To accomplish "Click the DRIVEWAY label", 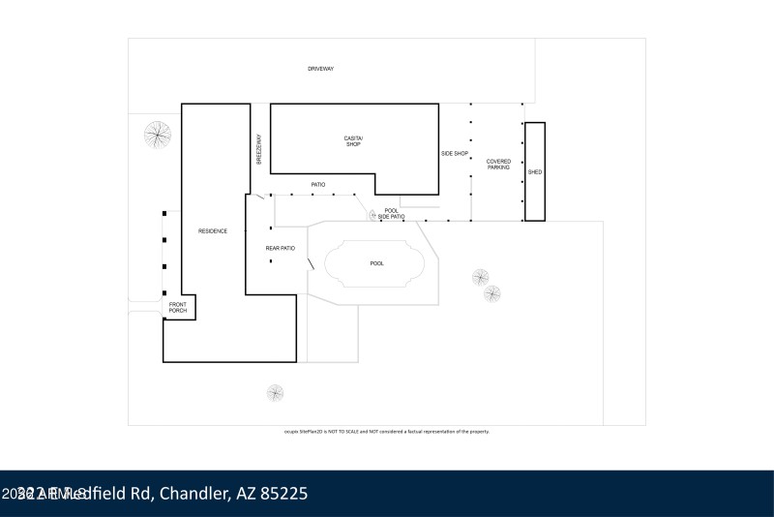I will (320, 70).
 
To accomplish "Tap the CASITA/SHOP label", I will (353, 141).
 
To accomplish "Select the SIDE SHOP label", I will (455, 154).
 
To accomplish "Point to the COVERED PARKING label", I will (498, 165).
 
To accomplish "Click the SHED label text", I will (535, 172).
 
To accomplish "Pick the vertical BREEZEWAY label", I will (259, 149).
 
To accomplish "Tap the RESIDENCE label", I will (213, 230).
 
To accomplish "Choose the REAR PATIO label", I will (280, 249).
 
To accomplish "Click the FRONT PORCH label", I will (178, 309).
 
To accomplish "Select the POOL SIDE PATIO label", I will (391, 214).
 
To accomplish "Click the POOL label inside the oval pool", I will (376, 263).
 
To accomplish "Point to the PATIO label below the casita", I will (317, 185).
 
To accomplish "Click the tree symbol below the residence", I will (276, 393).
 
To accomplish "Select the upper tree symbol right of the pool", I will (481, 278).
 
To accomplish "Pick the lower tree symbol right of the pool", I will (492, 293).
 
